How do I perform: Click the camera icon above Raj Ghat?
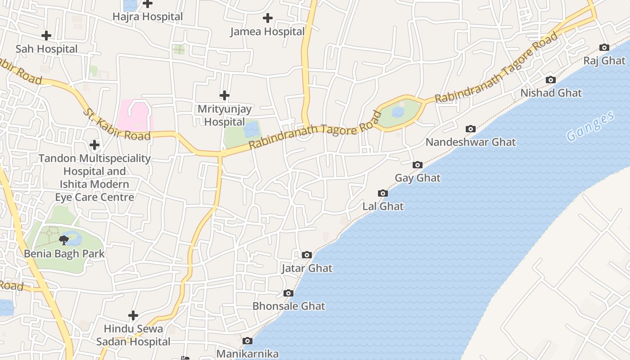tap(604, 48)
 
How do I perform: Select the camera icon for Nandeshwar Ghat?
tap(471, 129)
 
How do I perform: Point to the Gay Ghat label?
tap(418, 178)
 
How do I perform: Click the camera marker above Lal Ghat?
tap(383, 193)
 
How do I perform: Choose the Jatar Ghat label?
tap(307, 269)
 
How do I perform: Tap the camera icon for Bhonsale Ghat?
tap(288, 293)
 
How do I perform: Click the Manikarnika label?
tap(247, 354)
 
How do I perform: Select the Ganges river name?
tap(590, 126)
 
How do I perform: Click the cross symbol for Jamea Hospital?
tap(268, 18)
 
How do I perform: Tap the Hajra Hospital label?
tap(148, 17)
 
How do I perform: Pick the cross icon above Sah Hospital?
tap(46, 36)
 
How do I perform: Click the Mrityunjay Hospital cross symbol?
tap(225, 95)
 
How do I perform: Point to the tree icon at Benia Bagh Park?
tap(64, 240)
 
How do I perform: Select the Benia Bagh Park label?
tap(64, 254)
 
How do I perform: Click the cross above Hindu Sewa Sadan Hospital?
tap(133, 315)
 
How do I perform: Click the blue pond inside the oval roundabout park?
tap(398, 112)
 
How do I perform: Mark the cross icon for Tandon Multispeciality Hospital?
tap(94, 145)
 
